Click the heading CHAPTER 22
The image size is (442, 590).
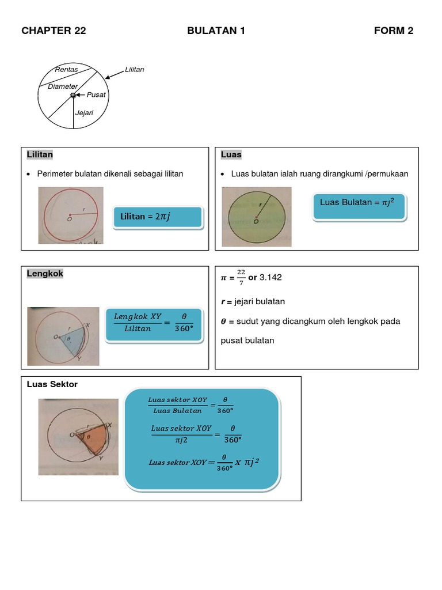[54, 31]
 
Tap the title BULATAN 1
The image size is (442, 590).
[216, 31]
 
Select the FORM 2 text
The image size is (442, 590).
[394, 31]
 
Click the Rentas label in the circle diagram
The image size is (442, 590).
[66, 70]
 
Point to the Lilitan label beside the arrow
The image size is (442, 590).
[135, 70]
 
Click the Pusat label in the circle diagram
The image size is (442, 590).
[96, 94]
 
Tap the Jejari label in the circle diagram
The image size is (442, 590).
[84, 113]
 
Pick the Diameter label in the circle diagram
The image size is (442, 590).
[63, 86]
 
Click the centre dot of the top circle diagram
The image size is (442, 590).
[73, 95]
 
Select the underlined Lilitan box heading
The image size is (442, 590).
[40, 154]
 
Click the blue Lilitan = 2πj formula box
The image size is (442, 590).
[158, 217]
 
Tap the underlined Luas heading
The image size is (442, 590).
[231, 154]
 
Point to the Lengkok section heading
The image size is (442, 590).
[45, 274]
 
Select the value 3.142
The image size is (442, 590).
[270, 277]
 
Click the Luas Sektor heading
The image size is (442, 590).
[52, 384]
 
